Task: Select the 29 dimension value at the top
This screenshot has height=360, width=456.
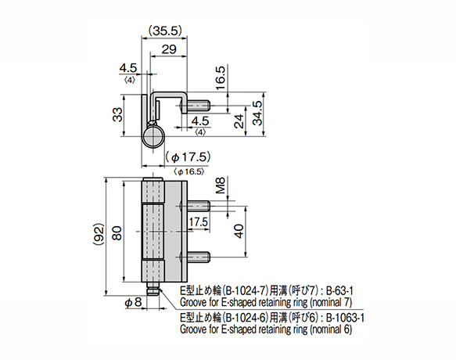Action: [x=167, y=49]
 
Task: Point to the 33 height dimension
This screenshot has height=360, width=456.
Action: [x=118, y=116]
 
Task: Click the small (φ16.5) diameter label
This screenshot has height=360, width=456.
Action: [x=189, y=170]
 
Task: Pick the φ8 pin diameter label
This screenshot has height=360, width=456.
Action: [x=132, y=300]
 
